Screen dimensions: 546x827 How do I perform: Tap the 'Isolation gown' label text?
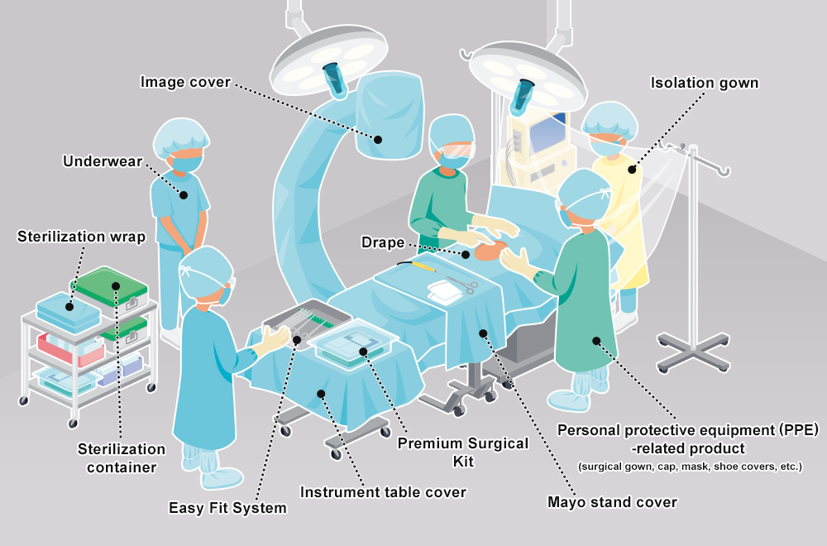(x=704, y=83)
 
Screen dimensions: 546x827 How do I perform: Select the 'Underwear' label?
(x=103, y=160)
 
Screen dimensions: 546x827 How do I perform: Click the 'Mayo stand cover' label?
(x=612, y=502)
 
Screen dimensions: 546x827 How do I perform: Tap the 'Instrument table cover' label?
(x=383, y=492)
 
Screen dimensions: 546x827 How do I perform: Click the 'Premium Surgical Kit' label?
(x=462, y=453)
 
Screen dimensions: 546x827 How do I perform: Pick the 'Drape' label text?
(x=383, y=242)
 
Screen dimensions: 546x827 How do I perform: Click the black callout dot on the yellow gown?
(x=632, y=170)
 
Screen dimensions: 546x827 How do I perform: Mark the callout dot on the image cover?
(x=378, y=139)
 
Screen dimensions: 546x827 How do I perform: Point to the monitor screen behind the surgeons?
(x=545, y=132)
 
